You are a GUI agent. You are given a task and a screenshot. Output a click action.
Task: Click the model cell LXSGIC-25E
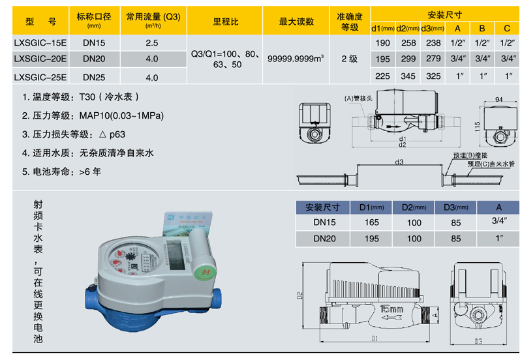[x=40, y=76]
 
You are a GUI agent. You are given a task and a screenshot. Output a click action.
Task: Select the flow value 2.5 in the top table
[x=152, y=43]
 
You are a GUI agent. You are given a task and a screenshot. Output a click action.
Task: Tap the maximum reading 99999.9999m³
[x=296, y=58]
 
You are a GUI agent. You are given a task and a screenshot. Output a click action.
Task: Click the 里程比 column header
[x=226, y=22]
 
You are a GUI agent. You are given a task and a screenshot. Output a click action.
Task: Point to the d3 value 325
[x=432, y=76]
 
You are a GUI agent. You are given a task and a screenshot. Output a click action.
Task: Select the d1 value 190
[x=383, y=43]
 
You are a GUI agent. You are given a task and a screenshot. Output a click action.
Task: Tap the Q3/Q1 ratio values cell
[x=226, y=59]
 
